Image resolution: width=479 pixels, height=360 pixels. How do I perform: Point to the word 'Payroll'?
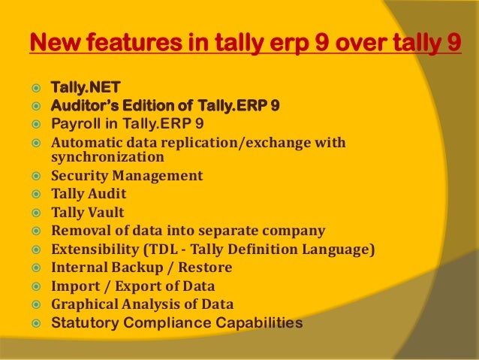[x=72, y=123]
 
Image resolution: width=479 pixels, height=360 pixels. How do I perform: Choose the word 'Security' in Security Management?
[x=79, y=176]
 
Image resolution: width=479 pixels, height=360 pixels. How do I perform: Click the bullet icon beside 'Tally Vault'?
[x=35, y=212]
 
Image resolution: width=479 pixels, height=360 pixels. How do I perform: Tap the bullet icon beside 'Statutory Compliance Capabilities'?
[x=35, y=323]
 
